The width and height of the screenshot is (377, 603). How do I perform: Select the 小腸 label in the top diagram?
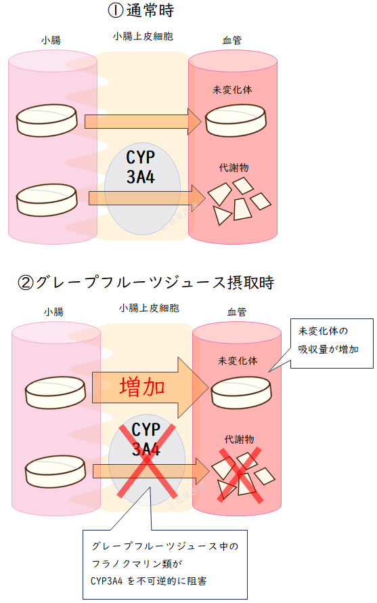click(x=51, y=40)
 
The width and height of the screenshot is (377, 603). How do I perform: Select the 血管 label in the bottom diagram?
click(x=236, y=312)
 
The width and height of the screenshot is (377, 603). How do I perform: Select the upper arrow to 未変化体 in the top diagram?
click(x=143, y=122)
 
